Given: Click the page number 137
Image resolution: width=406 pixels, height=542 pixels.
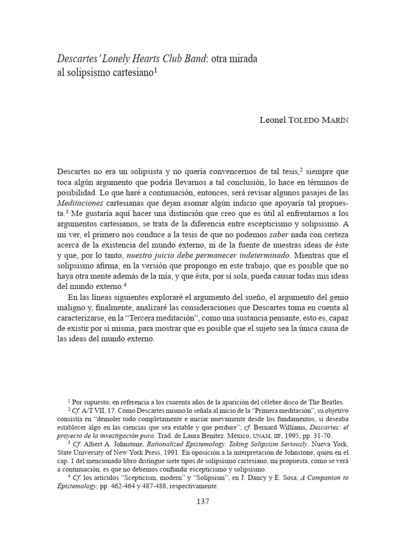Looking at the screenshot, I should [x=203, y=502].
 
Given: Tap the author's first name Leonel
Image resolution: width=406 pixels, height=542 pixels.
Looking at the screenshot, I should [x=272, y=120].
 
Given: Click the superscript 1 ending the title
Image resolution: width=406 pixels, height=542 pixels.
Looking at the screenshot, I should [x=155, y=70].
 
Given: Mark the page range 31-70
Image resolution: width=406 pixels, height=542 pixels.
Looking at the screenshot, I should [x=289, y=435].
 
